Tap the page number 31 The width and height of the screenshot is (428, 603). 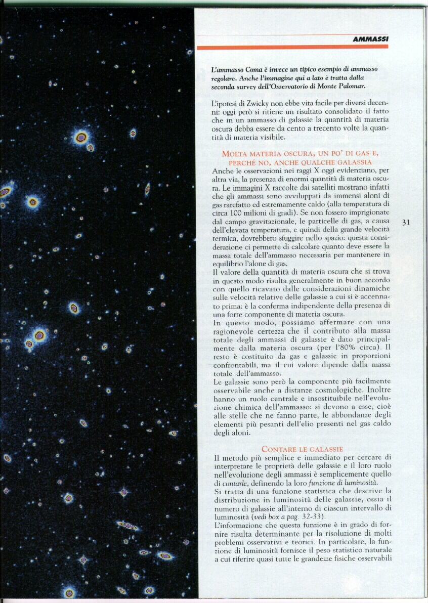point(406,222)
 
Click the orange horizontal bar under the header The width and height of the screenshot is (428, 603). point(292,47)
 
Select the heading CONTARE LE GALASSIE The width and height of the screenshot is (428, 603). point(302,449)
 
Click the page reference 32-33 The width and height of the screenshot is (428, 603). point(309,516)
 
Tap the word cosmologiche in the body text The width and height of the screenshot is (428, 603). point(329,390)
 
